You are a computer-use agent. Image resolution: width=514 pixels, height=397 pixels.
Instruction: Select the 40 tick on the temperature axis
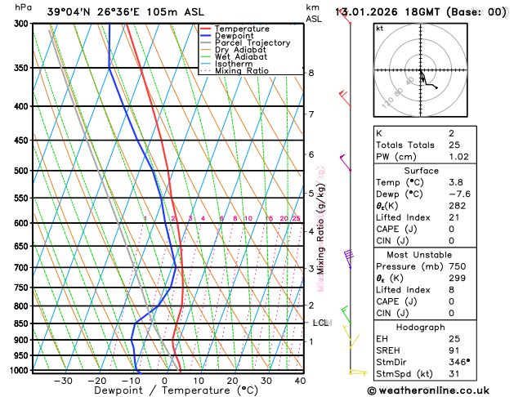pyautogui.click(x=300, y=381)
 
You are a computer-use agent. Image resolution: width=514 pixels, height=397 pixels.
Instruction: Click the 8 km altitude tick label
pyautogui.click(x=311, y=73)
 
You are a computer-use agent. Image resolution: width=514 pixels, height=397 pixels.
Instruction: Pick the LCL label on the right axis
pyautogui.click(x=320, y=323)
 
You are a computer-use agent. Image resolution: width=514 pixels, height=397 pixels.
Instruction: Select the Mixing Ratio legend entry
pyautogui.click(x=242, y=71)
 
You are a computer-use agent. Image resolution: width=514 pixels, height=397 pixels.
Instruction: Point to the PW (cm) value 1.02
pyautogui.click(x=463, y=157)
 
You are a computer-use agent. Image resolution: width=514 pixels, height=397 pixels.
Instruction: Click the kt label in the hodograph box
pyautogui.click(x=379, y=28)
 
